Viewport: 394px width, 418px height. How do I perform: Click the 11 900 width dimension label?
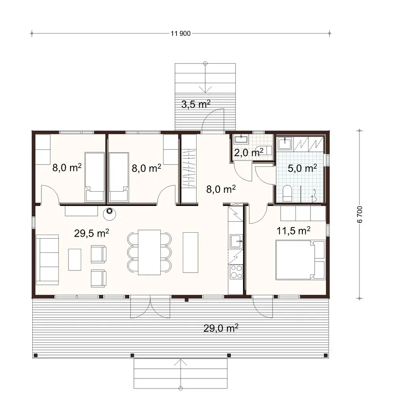pyautogui.click(x=181, y=34)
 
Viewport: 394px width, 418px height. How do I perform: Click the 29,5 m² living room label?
pyautogui.click(x=91, y=233)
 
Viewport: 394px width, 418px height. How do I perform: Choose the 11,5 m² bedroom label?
pyautogui.click(x=294, y=230)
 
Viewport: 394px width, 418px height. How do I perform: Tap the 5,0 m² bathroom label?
pyautogui.click(x=302, y=169)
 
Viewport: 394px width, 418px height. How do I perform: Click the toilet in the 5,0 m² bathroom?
pyautogui.click(x=287, y=193)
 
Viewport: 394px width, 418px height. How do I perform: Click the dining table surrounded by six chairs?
pyautogui.click(x=149, y=252)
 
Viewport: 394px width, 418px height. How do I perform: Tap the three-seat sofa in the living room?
pyautogui.click(x=47, y=259)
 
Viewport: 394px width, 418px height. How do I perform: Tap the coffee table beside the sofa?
pyautogui.click(x=74, y=259)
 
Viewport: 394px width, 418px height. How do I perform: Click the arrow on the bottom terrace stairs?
pyautogui.click(x=181, y=365)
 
